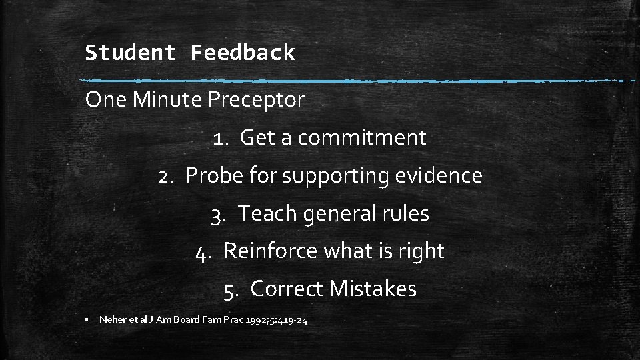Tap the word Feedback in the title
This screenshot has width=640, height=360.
click(x=243, y=53)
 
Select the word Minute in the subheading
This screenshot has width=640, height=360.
click(x=169, y=100)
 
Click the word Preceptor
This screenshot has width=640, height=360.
click(x=256, y=100)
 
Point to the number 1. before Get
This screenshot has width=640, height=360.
click(x=222, y=138)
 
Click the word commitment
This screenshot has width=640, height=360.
click(x=362, y=138)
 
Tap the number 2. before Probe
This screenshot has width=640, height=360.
click(x=167, y=176)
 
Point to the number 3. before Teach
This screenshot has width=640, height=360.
click(x=220, y=214)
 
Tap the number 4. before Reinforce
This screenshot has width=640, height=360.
click(x=205, y=251)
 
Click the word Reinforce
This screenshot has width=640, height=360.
click(x=271, y=251)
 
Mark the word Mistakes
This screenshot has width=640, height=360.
click(x=373, y=289)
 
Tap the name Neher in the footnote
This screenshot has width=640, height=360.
click(x=111, y=320)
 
